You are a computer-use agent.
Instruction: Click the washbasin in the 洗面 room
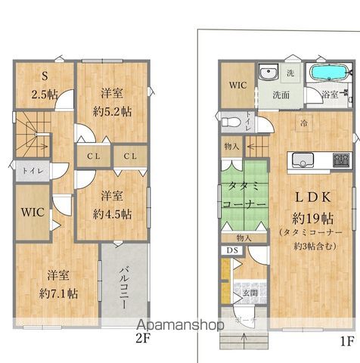click(x=268, y=74)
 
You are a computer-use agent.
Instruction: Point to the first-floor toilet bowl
click(x=231, y=121)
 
